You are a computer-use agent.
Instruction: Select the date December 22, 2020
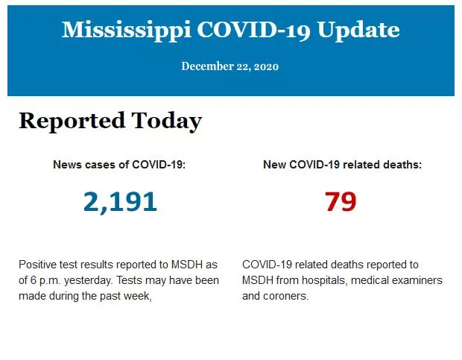[x=230, y=66]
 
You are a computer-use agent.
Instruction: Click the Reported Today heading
[x=110, y=121]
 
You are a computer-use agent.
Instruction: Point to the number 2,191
[x=120, y=201]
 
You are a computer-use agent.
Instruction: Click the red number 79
[x=341, y=201]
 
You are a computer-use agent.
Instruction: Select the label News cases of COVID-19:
[x=119, y=164]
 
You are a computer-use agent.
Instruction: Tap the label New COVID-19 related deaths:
[x=342, y=164]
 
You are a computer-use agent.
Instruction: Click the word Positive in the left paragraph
[x=37, y=265]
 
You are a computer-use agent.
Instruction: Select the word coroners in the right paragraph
[x=285, y=296]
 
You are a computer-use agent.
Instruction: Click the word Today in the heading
[x=167, y=121]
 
